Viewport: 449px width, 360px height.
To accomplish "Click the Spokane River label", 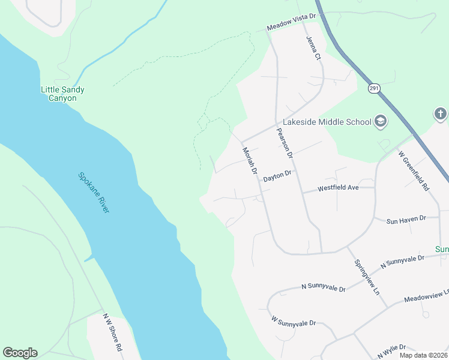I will (94, 193).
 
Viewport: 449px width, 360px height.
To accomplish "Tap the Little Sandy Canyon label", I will (62, 94).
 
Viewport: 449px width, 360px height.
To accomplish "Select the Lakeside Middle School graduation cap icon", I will (380, 122).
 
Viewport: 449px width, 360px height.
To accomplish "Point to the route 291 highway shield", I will (374, 88).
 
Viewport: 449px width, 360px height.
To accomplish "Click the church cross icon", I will (441, 113).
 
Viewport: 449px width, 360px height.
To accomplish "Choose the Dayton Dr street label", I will (277, 174).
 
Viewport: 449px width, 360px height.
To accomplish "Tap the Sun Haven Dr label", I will (406, 219).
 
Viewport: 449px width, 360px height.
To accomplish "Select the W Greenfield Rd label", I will (414, 171).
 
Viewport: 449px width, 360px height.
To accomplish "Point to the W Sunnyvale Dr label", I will (293, 323).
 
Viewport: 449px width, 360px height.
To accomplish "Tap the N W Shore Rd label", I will (112, 333).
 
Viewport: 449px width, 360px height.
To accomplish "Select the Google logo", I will (20, 353).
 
